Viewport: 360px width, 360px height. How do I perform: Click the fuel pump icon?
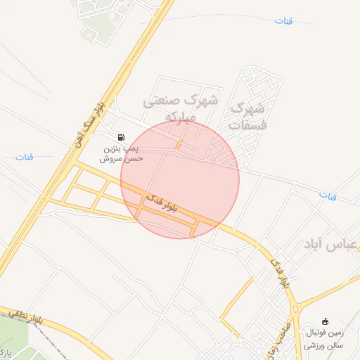coord(122,136)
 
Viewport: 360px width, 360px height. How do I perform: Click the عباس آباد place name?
coord(330,245)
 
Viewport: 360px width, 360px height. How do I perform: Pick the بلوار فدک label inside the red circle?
coord(162,204)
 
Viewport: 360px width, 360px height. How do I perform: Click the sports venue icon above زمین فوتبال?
coord(325,321)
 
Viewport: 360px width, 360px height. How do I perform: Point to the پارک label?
coord(6,351)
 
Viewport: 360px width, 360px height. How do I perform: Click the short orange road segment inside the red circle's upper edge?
coord(179,144)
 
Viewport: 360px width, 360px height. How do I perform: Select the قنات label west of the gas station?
coord(25,157)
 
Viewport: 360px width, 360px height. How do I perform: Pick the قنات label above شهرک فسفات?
coord(283,21)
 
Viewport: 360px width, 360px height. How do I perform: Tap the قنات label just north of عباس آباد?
coord(328,195)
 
